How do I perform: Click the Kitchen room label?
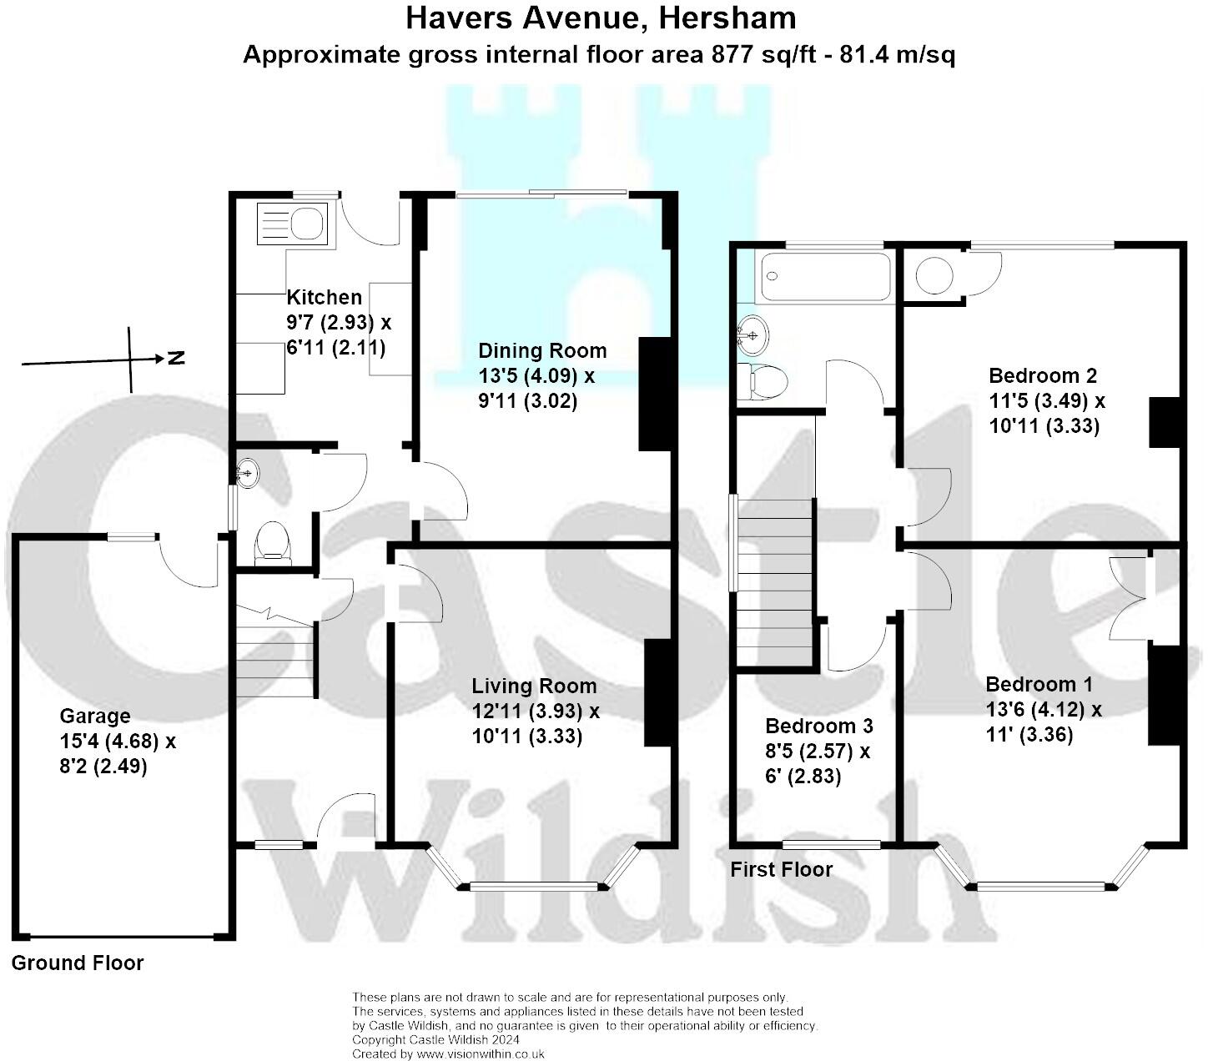point(325,298)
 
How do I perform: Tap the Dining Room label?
point(541,351)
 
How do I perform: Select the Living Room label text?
point(534,686)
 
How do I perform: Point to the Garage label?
point(95,717)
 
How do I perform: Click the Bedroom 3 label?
point(818,726)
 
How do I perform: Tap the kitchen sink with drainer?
point(292,223)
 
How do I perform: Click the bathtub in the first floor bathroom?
point(824,276)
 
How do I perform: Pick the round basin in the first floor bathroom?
point(752,335)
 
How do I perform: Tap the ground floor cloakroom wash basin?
point(248,474)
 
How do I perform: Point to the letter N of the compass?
point(176,359)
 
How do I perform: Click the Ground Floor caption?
point(78,963)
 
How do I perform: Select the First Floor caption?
point(781,870)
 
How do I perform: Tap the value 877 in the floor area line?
point(731,55)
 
